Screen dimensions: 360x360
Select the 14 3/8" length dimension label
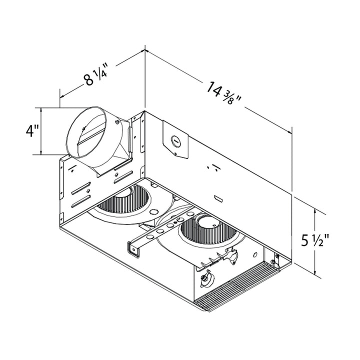[223, 93]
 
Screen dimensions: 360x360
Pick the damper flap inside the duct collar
[92, 135]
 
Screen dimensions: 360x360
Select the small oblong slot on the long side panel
[218, 198]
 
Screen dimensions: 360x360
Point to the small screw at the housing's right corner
[276, 258]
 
